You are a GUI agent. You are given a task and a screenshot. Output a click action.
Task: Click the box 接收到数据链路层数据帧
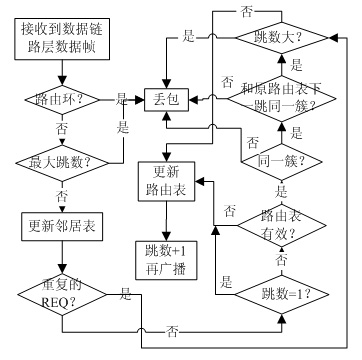(x=62, y=39)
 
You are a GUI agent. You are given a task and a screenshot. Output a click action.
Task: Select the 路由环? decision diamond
(x=62, y=99)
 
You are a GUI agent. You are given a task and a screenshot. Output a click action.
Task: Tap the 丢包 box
(x=167, y=100)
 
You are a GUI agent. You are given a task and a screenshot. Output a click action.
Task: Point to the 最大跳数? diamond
(x=62, y=163)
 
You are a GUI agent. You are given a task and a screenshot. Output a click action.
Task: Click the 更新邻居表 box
(x=62, y=227)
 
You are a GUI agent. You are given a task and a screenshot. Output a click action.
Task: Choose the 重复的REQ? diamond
(x=62, y=294)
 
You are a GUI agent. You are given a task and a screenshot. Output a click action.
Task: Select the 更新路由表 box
(x=166, y=181)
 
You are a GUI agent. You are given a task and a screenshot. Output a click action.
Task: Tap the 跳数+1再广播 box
(x=166, y=260)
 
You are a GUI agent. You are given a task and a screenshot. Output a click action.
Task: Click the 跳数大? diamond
(x=282, y=38)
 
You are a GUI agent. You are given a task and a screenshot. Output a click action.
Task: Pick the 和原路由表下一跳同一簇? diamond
(x=282, y=99)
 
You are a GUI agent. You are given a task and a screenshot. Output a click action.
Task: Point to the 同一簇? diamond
(x=282, y=162)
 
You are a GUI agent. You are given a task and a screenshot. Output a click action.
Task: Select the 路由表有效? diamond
(x=282, y=226)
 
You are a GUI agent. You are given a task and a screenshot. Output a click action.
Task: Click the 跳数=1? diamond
(x=282, y=295)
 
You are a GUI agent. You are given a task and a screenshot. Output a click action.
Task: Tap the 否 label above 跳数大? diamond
(x=246, y=11)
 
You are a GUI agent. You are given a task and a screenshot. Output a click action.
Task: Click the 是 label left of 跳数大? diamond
(x=189, y=37)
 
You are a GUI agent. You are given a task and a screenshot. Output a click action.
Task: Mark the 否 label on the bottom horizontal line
(x=172, y=332)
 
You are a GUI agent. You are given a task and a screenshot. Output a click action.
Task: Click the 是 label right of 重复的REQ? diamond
(x=126, y=294)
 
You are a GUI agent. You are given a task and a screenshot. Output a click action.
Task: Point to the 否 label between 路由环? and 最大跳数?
(x=62, y=129)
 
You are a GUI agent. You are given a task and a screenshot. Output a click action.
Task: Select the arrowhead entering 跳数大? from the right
(x=333, y=38)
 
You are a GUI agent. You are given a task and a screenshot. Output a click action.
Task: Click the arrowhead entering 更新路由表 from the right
(x=199, y=181)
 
